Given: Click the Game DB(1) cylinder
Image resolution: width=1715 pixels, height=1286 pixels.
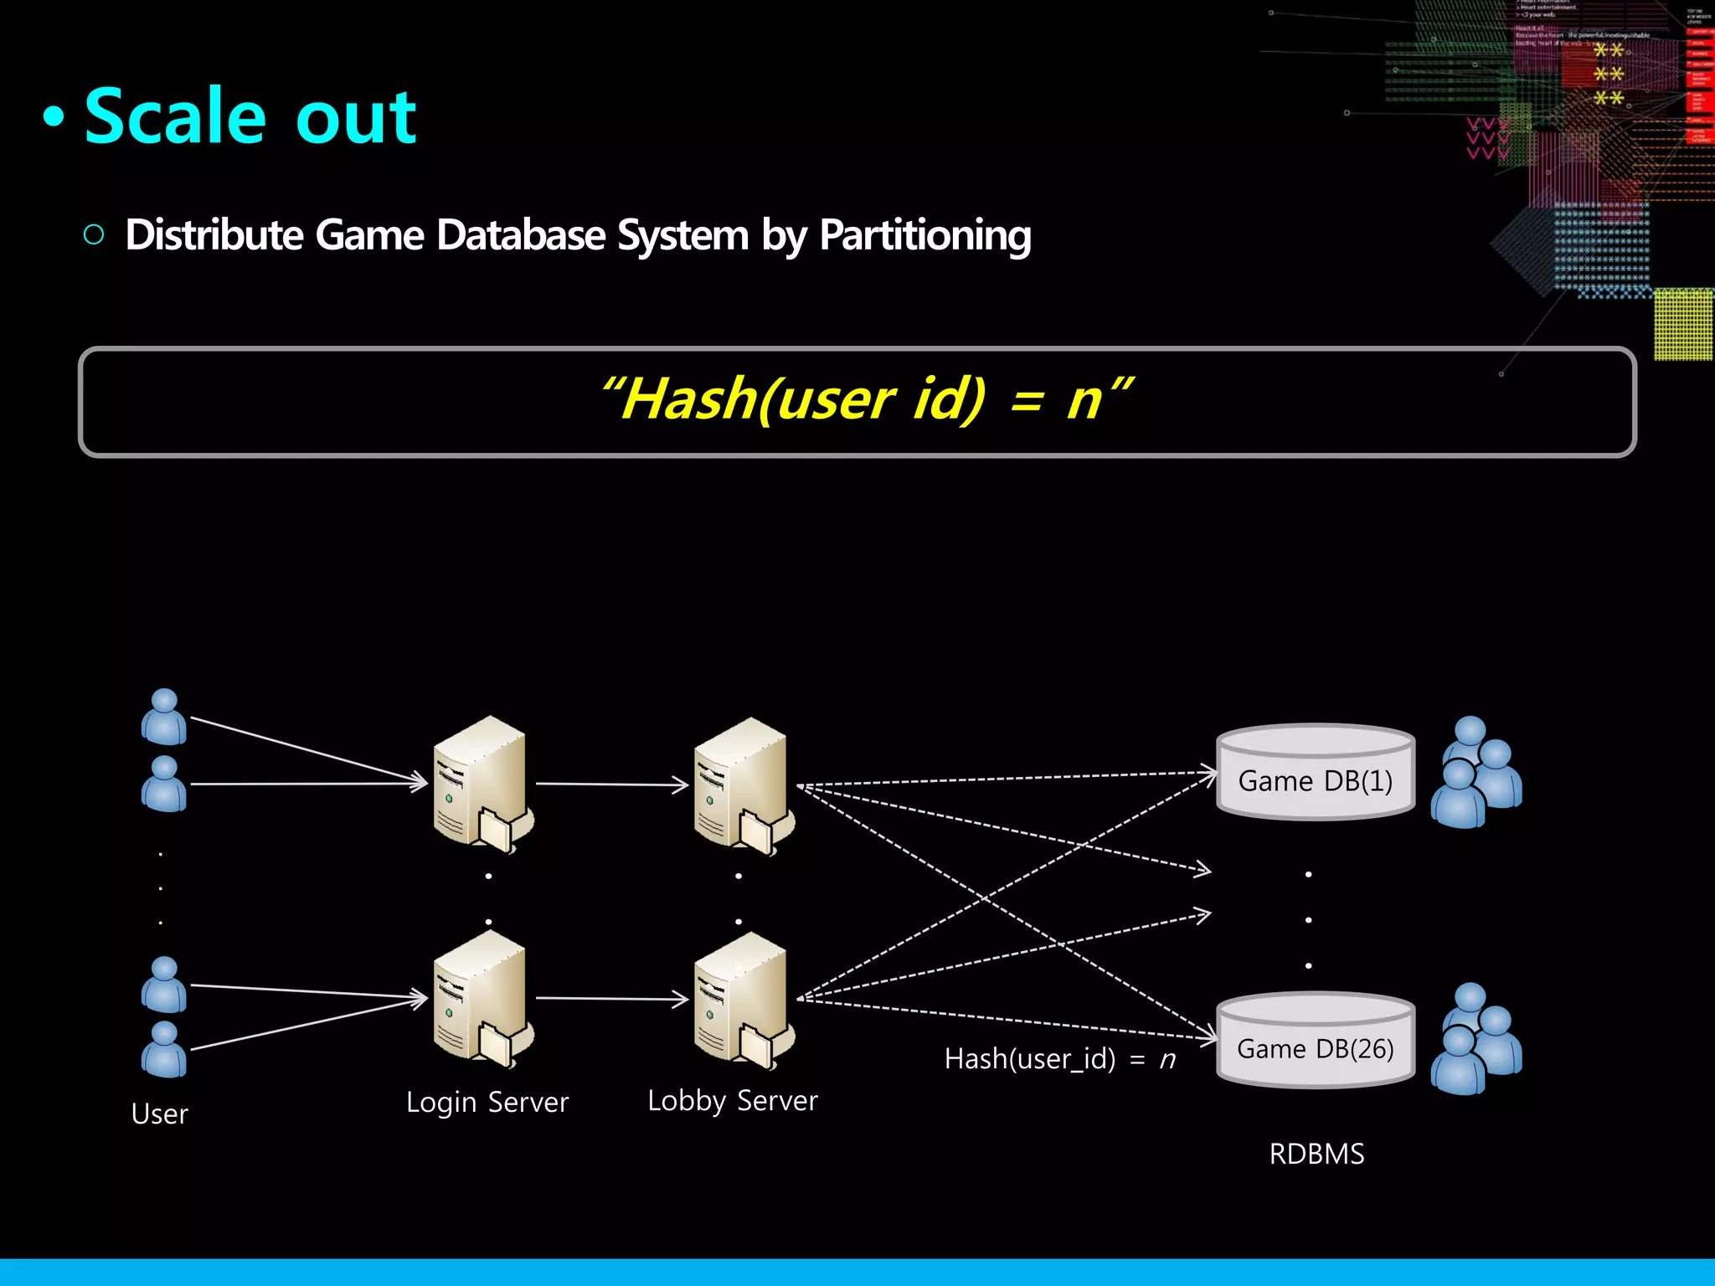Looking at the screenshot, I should (x=1315, y=772).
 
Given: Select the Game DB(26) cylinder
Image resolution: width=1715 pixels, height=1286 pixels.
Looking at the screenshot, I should (x=1315, y=1040).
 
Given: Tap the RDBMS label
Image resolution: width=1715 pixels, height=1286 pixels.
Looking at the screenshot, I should (x=1316, y=1154).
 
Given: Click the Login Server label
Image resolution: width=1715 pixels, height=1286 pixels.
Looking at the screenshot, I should (x=487, y=1102).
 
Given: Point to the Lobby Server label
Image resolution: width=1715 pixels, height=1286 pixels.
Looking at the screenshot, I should (x=732, y=1100).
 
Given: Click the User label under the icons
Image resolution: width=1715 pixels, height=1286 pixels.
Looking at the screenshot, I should (x=159, y=1114).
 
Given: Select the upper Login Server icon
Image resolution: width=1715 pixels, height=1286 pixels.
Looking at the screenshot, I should (x=482, y=784).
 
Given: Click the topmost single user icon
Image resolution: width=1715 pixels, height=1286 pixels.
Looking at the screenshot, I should (x=164, y=717).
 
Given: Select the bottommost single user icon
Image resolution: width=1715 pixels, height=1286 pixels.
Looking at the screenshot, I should (x=164, y=1049).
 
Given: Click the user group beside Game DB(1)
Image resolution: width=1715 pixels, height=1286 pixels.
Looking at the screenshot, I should (x=1476, y=772).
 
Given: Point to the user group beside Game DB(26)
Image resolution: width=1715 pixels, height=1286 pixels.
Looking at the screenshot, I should (x=1476, y=1039).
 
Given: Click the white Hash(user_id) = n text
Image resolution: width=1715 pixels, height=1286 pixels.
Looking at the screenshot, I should (x=1059, y=1059).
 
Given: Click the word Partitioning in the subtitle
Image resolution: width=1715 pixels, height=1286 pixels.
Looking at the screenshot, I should (x=924, y=235).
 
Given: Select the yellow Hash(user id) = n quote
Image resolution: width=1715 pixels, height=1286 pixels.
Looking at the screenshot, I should (x=866, y=399).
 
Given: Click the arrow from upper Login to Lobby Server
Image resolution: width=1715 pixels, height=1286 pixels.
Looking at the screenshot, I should (x=611, y=784).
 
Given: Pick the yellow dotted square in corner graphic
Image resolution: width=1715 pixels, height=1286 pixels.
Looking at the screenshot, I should (x=1683, y=324).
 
